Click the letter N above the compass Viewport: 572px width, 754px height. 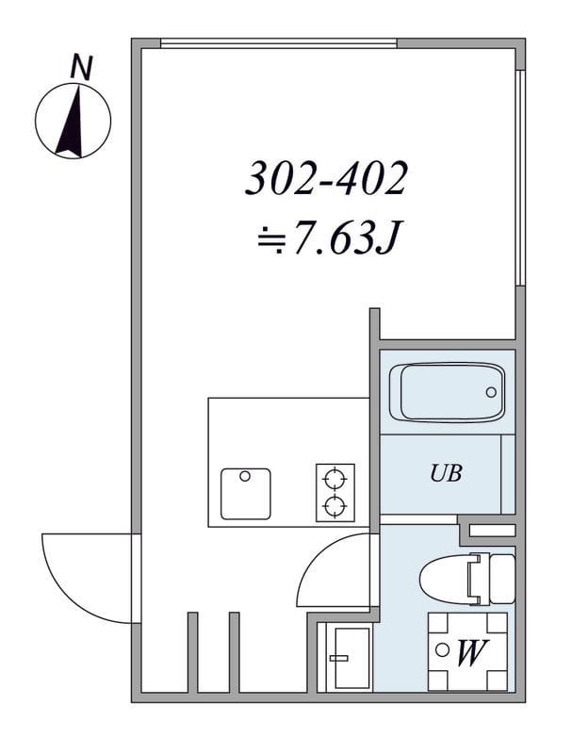click(81, 68)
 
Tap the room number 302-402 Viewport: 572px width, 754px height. click(326, 178)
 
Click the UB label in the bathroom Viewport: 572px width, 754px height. click(446, 473)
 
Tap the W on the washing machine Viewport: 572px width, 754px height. click(472, 653)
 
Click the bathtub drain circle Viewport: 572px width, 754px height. click(491, 392)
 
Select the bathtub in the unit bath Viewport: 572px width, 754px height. click(447, 392)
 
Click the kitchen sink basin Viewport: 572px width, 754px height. click(246, 494)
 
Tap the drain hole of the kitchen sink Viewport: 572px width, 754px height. click(245, 477)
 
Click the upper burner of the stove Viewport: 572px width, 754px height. click(335, 479)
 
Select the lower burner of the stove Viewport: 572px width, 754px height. click(335, 506)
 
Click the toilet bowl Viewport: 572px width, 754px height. click(445, 579)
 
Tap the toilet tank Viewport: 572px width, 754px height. click(502, 579)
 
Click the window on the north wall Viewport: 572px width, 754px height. click(279, 43)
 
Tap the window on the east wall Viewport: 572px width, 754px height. click(520, 178)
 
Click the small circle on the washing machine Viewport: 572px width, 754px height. click(441, 650)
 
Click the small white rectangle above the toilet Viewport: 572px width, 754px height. click(492, 531)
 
